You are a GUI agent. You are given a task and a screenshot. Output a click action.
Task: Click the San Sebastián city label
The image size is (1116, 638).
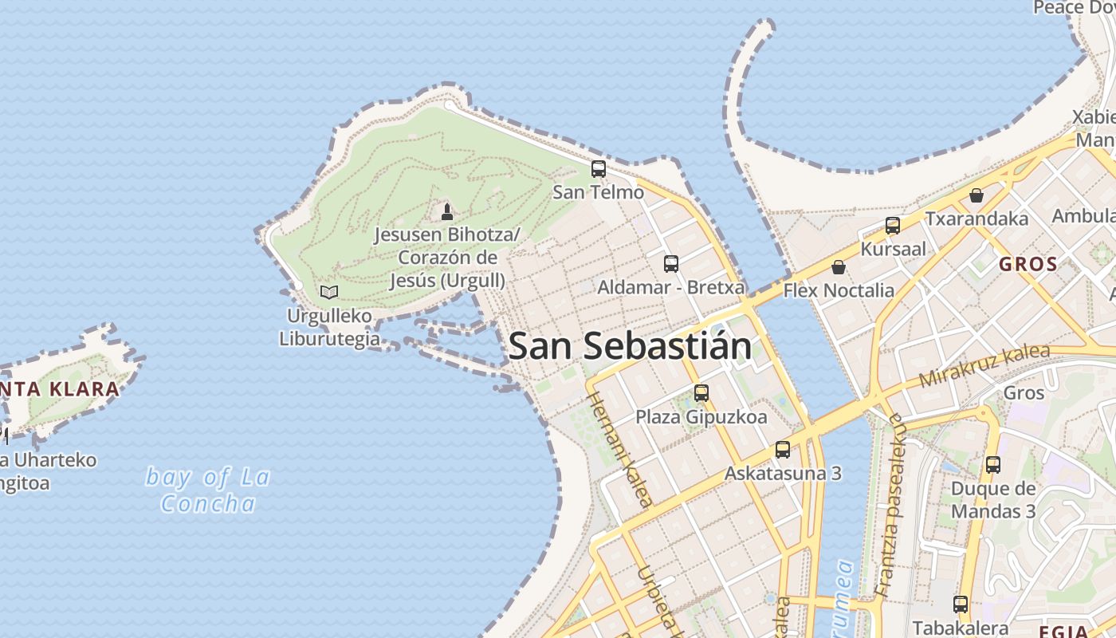pos(630,346)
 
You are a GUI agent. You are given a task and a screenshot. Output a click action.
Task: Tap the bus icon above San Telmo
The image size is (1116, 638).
pos(598,169)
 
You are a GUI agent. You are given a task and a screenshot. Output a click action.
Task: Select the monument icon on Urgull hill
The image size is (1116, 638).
pos(446,212)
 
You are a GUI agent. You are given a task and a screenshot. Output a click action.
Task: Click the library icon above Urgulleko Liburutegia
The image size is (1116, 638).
pos(328,292)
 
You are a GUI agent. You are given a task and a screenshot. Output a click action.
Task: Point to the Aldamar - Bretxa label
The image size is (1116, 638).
pos(671,287)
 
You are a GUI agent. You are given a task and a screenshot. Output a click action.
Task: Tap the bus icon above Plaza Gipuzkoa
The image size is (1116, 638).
pos(701,393)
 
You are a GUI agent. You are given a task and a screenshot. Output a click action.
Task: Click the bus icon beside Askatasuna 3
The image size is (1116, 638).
pos(783,450)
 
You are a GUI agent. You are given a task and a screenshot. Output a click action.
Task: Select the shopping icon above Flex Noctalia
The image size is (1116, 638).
pos(838,267)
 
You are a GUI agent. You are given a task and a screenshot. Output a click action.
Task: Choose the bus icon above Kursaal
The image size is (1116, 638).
pos(893,226)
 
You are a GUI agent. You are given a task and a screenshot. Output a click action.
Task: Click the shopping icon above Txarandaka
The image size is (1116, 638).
pos(976,195)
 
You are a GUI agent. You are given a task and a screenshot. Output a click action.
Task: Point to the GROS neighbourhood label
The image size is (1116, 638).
pos(1028,264)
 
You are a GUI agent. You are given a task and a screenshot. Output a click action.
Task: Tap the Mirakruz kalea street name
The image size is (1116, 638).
pos(984,364)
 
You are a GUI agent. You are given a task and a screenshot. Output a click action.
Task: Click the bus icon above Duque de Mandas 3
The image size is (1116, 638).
pos(992,465)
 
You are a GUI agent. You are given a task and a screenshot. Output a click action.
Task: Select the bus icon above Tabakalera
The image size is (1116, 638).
pos(961,605)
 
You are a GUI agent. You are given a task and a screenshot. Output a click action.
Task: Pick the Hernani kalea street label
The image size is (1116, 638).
pos(620,449)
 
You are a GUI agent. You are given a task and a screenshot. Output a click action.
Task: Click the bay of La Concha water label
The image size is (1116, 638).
pos(208,490)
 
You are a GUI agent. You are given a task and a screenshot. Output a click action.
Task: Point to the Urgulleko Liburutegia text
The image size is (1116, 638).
pos(329,327)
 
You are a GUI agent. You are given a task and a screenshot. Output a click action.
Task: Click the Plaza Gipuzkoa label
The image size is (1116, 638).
pos(701,417)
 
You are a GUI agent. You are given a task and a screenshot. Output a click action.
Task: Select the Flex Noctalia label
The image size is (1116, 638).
pos(839,290)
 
